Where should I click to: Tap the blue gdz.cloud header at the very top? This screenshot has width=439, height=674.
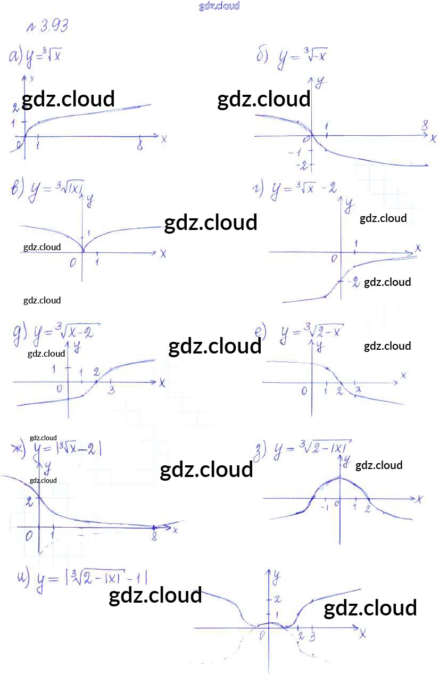pos(219,6)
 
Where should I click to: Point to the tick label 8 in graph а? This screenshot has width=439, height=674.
pos(139,146)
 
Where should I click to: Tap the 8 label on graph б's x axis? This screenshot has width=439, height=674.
pos(425,126)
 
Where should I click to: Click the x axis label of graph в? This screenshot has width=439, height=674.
pos(163,254)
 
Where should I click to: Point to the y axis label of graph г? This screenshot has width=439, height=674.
pos(349,203)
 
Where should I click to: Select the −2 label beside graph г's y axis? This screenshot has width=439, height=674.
pos(354,282)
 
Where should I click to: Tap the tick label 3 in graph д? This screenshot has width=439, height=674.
pos(111,391)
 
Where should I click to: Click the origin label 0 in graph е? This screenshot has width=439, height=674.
pos(304,391)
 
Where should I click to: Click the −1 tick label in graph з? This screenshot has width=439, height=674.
pos(324,507)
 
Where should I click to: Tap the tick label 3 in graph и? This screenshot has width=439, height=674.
pos(312,636)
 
